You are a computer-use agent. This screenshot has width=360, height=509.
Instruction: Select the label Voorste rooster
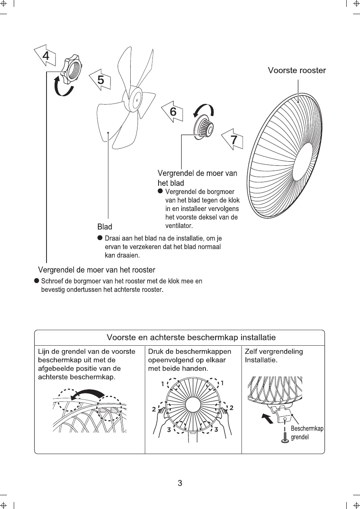pos(296,71)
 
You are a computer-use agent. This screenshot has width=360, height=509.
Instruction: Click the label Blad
pos(105,227)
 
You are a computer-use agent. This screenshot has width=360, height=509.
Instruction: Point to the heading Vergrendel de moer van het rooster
pos(96,270)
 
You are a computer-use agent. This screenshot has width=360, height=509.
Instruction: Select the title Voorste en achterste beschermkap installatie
pos(191,337)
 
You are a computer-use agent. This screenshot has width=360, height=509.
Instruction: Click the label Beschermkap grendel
pos(307,433)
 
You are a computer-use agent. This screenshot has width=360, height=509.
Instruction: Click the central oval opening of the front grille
pos(305,162)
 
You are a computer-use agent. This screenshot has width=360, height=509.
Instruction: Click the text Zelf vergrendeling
pos(274,352)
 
